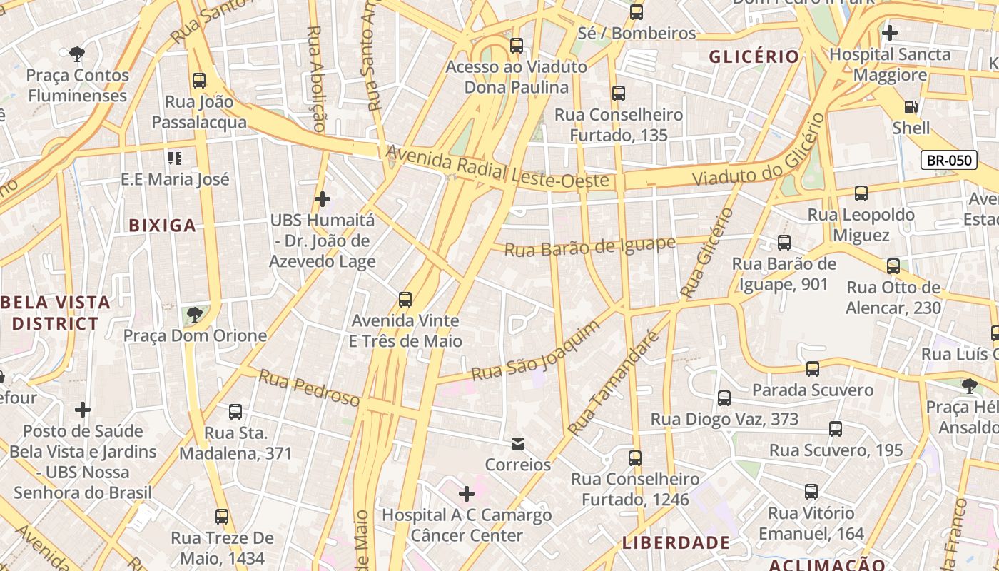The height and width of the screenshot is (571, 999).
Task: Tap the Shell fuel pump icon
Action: coord(911,107)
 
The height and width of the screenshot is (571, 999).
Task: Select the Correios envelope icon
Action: coord(518,444)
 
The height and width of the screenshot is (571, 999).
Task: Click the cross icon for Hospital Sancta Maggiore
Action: coord(889,33)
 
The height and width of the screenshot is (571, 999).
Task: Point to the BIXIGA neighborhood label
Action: coord(162,226)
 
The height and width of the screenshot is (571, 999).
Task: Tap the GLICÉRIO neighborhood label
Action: coord(754,57)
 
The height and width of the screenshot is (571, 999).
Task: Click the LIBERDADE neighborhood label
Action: coord(676,542)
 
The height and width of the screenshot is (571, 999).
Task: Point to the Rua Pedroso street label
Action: coord(308,388)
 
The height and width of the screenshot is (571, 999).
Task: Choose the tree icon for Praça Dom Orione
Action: coord(193,313)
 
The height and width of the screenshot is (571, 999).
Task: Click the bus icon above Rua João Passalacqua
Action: coord(199,80)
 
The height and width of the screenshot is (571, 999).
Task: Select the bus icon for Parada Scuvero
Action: coord(812,368)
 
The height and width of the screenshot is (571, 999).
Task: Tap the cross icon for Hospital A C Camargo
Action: coord(467,493)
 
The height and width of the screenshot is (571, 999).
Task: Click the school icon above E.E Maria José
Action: coord(175,158)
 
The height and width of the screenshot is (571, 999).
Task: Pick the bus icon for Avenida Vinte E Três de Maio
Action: coord(405,299)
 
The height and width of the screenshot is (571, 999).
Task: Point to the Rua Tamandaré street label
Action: coord(612,384)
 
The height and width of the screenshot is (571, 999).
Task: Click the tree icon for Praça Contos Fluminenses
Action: coord(76,54)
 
